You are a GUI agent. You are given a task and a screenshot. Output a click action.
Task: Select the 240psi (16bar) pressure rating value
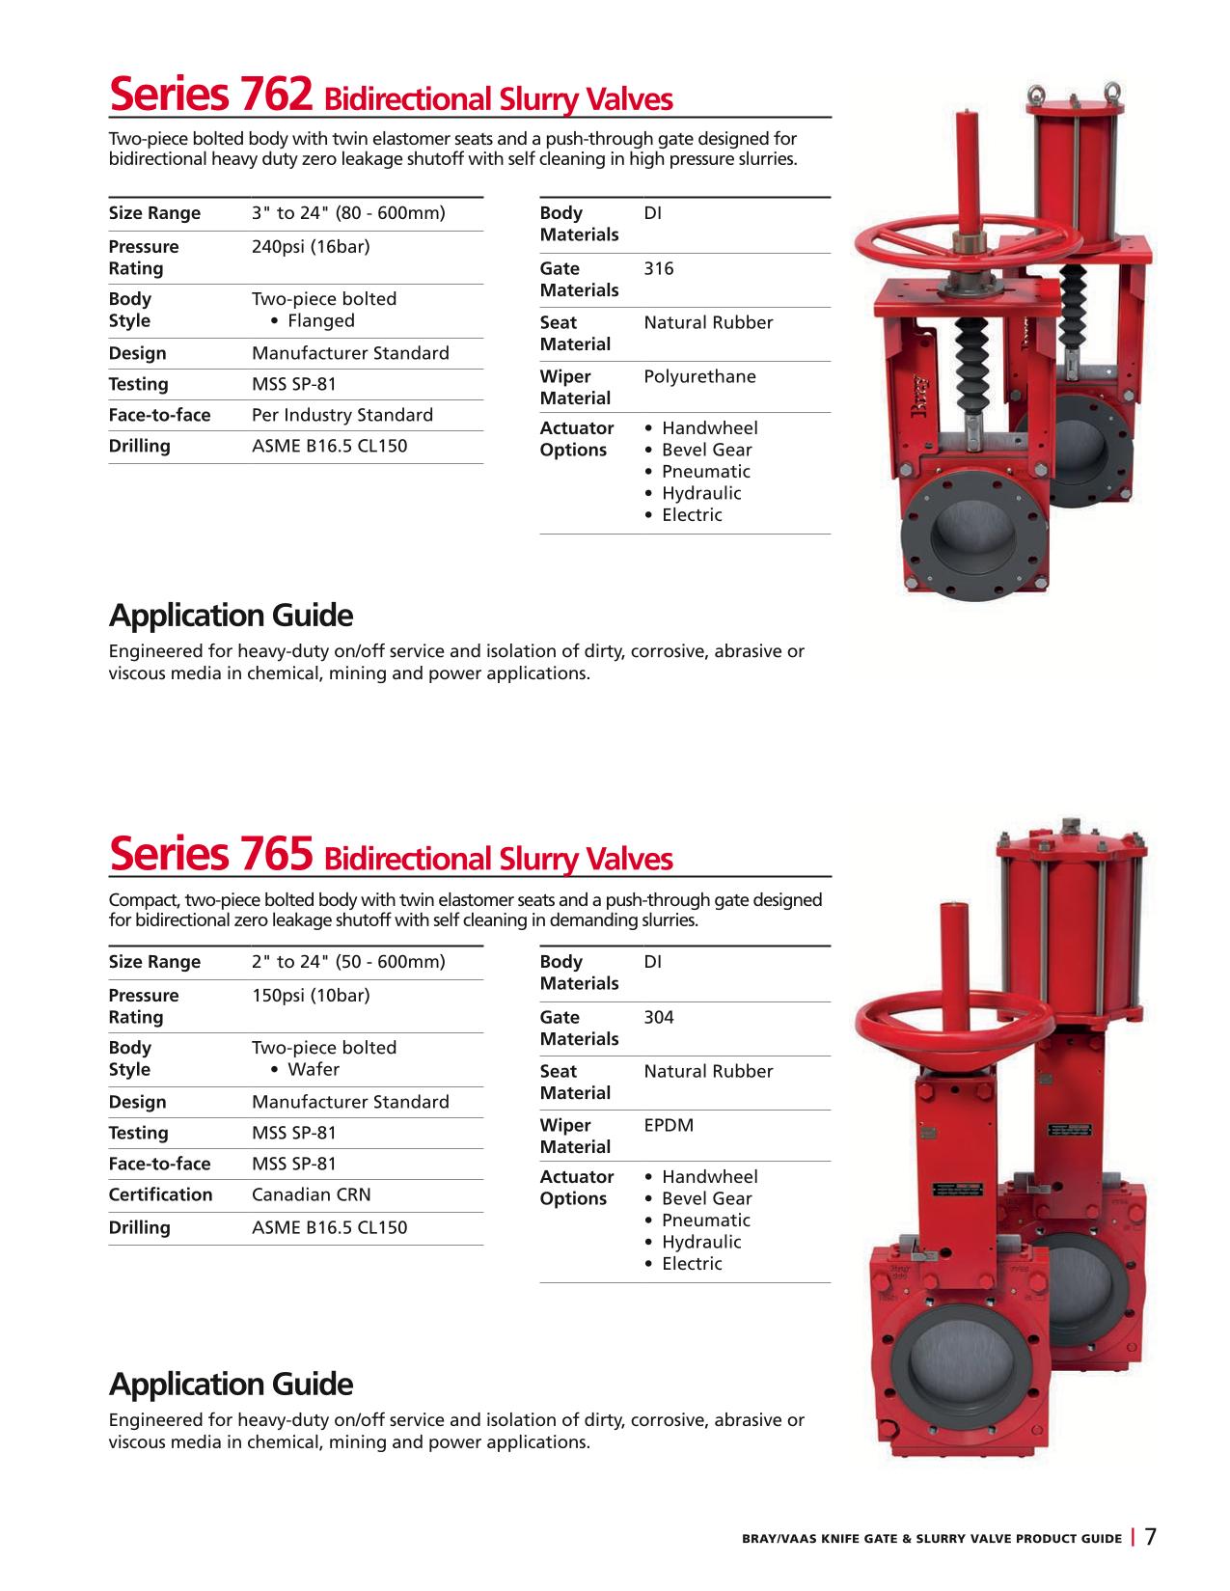(311, 247)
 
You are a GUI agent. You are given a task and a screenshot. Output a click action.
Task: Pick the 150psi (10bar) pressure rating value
(311, 996)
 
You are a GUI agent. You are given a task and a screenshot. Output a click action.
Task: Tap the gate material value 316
(658, 269)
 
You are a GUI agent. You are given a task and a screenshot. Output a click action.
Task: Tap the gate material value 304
(658, 1017)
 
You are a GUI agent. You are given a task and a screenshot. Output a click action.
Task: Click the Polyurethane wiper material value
(699, 377)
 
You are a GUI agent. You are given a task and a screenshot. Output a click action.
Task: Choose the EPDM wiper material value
(668, 1125)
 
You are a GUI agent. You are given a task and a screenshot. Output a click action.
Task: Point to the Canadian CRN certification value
(311, 1194)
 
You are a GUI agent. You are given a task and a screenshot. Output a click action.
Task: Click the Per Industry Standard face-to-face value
(342, 415)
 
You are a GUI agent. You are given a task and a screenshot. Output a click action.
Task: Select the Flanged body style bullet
(313, 321)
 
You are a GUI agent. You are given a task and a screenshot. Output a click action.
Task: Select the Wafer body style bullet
(305, 1070)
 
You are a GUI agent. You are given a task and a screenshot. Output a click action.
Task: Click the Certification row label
(160, 1194)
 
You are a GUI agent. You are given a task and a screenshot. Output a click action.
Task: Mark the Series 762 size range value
(348, 213)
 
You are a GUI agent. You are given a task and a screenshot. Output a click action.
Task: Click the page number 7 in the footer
(1150, 1536)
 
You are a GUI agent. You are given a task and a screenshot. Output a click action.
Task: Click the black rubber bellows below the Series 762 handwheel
(972, 366)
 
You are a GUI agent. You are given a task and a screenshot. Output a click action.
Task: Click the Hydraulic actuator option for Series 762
(701, 493)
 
